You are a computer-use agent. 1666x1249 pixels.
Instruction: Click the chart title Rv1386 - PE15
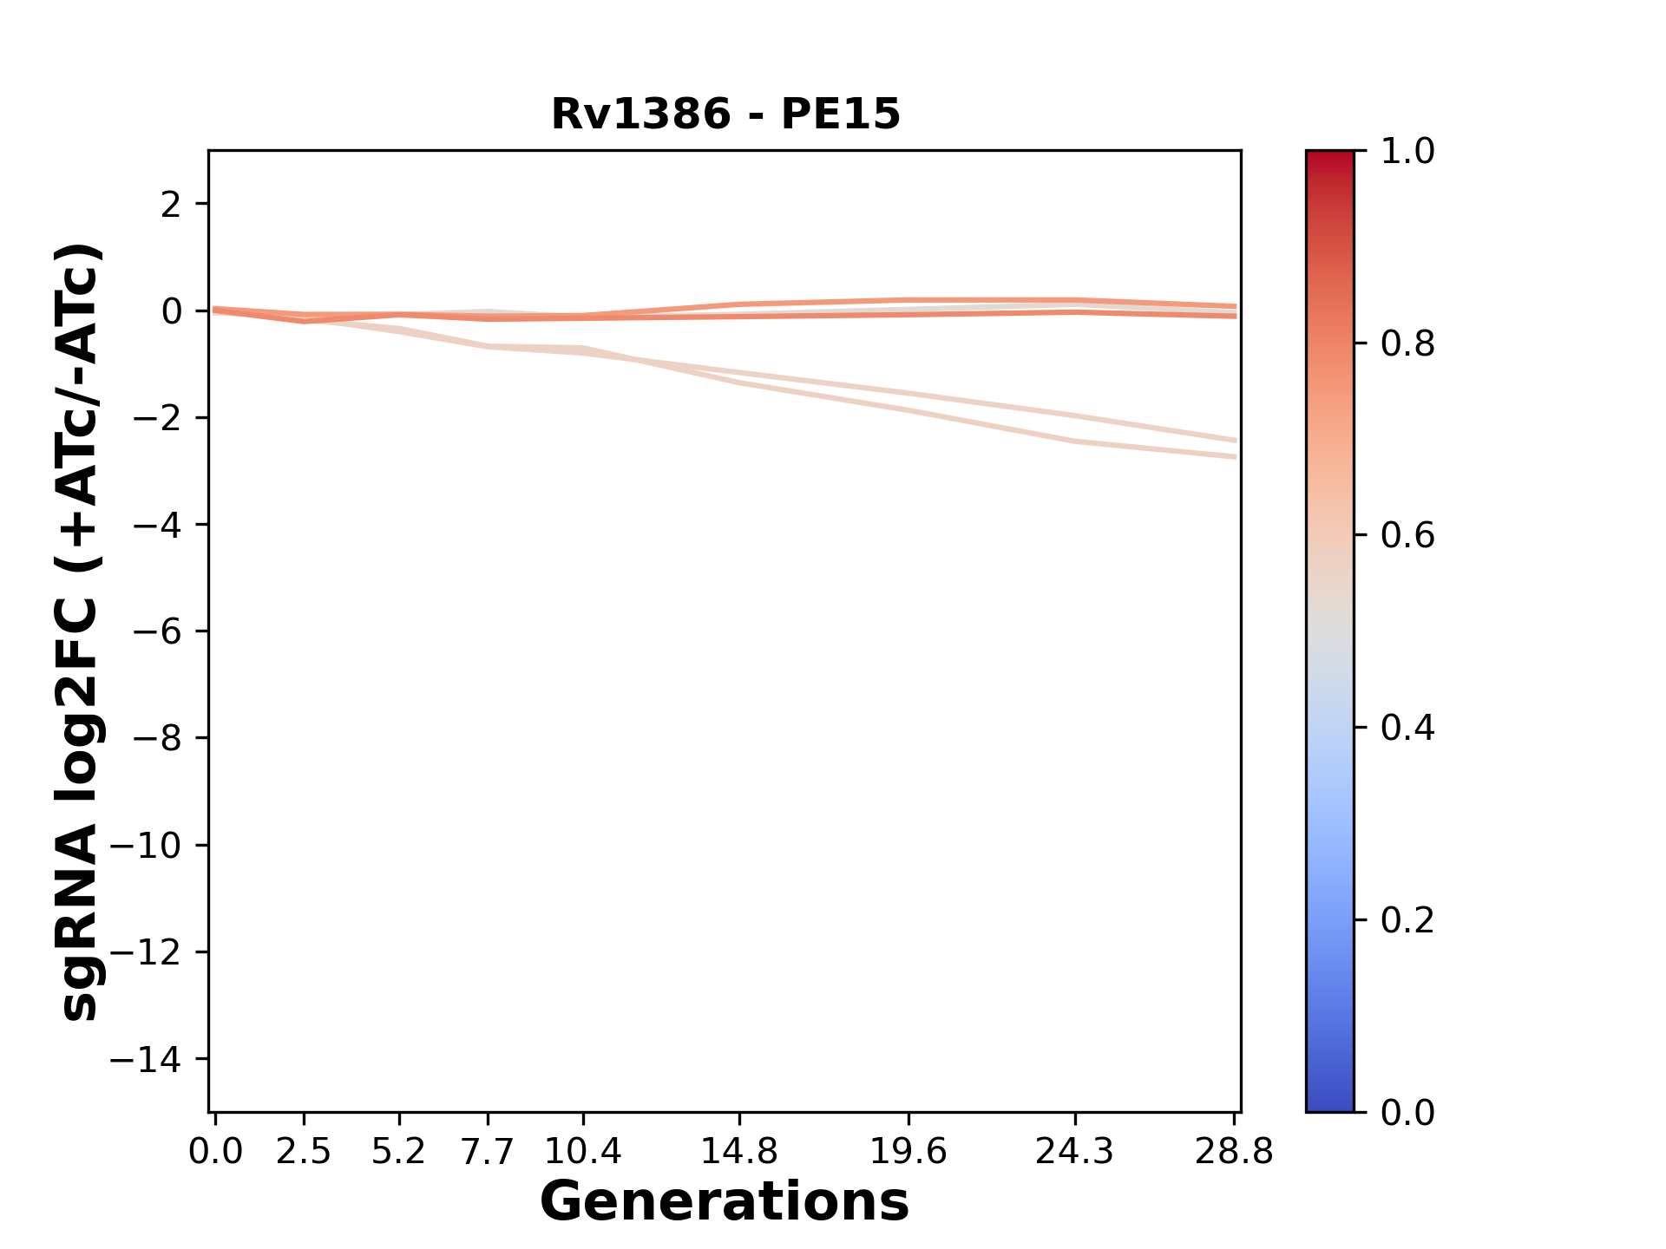click(725, 114)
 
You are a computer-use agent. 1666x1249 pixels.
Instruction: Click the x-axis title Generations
click(725, 1202)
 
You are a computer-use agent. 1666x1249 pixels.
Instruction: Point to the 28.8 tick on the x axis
click(1234, 1152)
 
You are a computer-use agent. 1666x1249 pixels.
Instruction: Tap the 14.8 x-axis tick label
click(738, 1152)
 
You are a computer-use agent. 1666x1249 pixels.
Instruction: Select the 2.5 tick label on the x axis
click(304, 1152)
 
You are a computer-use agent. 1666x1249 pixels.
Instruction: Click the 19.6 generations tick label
click(908, 1152)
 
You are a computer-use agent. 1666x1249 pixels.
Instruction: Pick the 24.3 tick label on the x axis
click(1075, 1152)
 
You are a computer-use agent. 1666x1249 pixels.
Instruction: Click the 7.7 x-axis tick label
click(488, 1152)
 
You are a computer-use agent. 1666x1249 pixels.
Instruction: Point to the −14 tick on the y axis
click(157, 1059)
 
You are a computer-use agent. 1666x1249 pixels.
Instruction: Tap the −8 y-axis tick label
click(157, 738)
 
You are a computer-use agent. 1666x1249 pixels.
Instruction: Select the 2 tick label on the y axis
click(171, 205)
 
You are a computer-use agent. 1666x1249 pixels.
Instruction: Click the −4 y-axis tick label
click(157, 525)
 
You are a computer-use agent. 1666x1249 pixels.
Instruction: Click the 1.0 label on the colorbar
click(1407, 152)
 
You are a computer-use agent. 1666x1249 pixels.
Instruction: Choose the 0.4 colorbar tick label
click(1407, 728)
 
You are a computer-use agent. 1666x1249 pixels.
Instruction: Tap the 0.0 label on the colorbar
click(1407, 1112)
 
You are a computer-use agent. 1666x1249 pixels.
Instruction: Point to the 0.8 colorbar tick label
click(1407, 344)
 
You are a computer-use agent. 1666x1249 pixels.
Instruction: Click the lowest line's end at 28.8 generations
click(1234, 456)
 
